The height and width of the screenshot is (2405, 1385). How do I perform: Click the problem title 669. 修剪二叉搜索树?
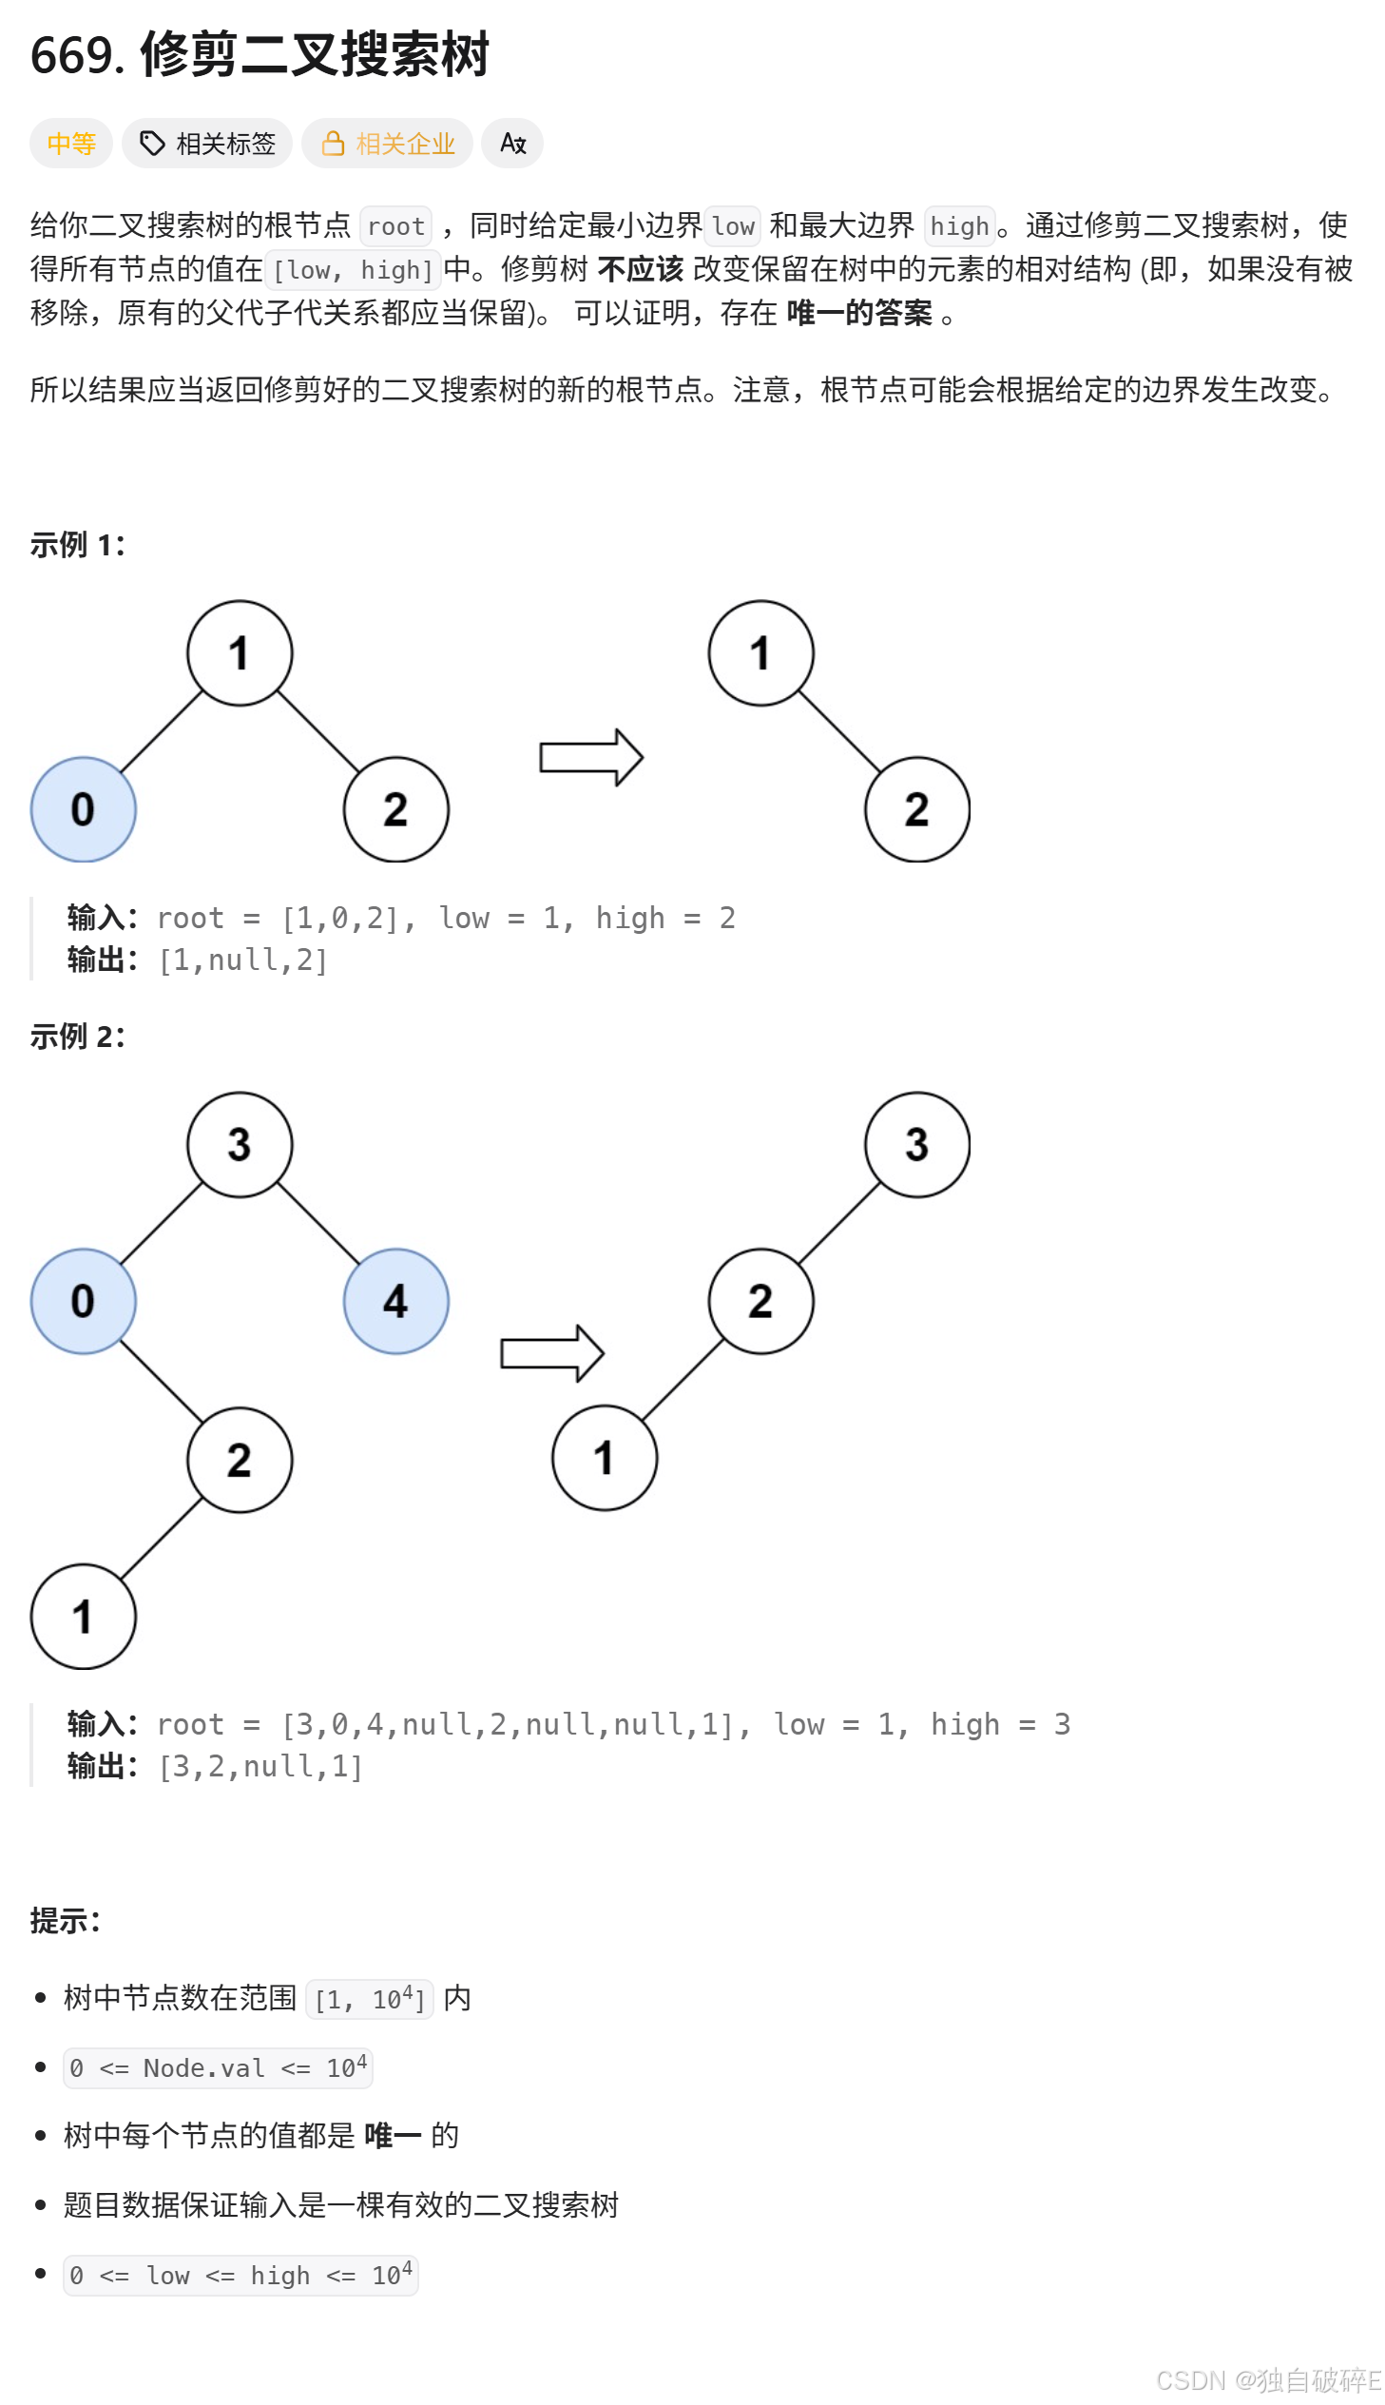click(x=260, y=54)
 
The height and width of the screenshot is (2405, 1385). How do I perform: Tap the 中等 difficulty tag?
click(x=71, y=144)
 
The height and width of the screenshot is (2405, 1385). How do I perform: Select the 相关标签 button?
click(x=207, y=144)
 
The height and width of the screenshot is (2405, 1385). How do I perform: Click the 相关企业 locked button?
click(x=387, y=144)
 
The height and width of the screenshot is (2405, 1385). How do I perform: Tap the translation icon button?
click(x=512, y=144)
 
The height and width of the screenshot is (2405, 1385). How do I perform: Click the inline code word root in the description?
click(x=395, y=226)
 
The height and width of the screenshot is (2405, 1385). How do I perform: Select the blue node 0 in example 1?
click(x=84, y=809)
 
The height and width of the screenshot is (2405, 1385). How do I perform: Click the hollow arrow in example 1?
click(x=590, y=757)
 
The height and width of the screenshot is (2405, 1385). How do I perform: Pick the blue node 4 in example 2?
click(x=395, y=1301)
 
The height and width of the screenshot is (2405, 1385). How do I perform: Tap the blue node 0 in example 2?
click(x=84, y=1301)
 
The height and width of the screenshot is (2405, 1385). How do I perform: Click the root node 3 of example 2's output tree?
click(x=917, y=1144)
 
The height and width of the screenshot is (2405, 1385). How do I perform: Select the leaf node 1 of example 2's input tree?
click(x=84, y=1617)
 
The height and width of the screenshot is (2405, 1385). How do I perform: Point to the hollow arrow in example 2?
click(x=551, y=1353)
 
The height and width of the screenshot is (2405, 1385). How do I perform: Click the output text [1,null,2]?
click(x=243, y=960)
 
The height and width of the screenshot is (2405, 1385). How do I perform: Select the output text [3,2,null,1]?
click(x=260, y=1767)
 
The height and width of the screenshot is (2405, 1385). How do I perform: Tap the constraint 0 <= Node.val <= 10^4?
click(x=218, y=2068)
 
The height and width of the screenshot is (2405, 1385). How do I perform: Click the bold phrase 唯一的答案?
click(x=859, y=313)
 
